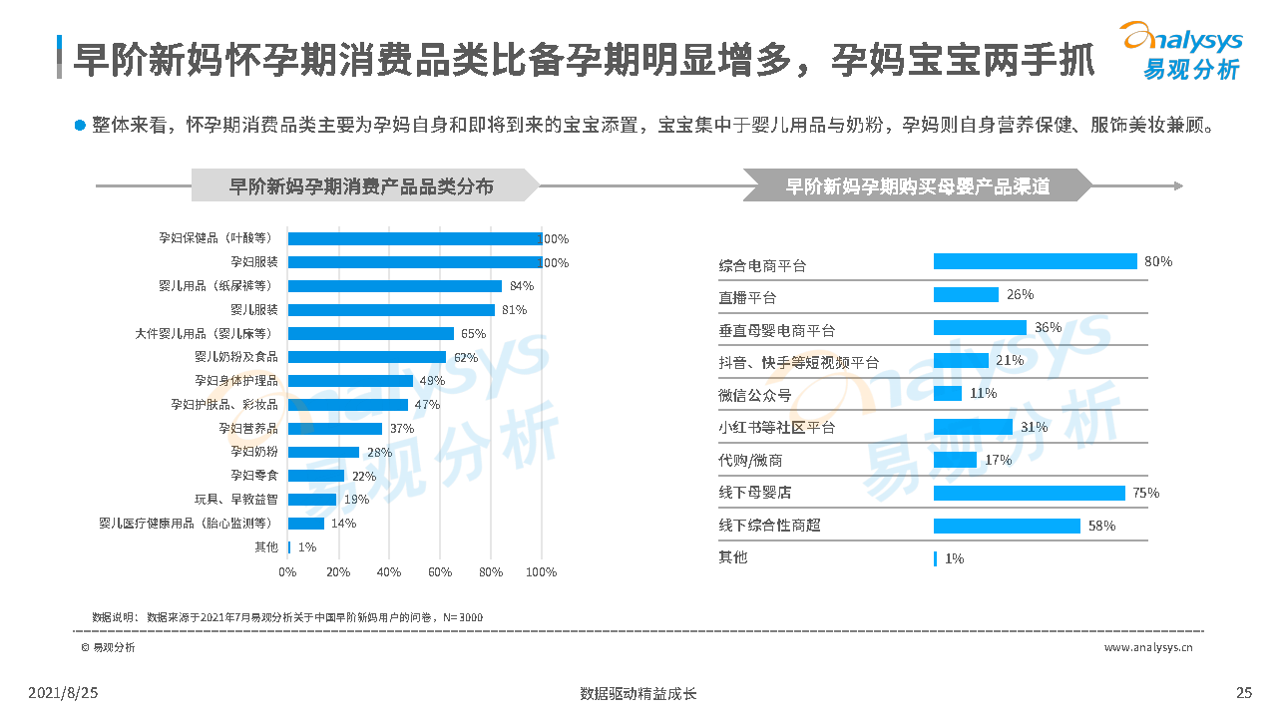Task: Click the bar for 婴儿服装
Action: tap(391, 310)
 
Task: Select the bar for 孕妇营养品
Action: tap(335, 429)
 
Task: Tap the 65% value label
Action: tap(473, 334)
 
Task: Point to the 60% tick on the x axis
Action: tap(440, 572)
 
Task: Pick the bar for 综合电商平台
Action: tap(1035, 261)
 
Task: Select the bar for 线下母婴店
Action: tap(1030, 493)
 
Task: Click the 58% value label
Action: tap(1101, 526)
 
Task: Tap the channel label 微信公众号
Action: tap(755, 395)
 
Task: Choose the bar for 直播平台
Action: tap(966, 294)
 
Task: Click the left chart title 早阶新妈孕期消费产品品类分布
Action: tap(361, 186)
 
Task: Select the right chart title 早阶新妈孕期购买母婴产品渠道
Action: tap(918, 186)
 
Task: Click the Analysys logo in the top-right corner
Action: tap(1181, 50)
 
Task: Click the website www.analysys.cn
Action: tap(1148, 647)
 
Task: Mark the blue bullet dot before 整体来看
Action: tap(80, 126)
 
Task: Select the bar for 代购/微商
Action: tap(955, 460)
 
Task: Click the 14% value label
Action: tap(343, 524)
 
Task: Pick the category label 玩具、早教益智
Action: tap(236, 500)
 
